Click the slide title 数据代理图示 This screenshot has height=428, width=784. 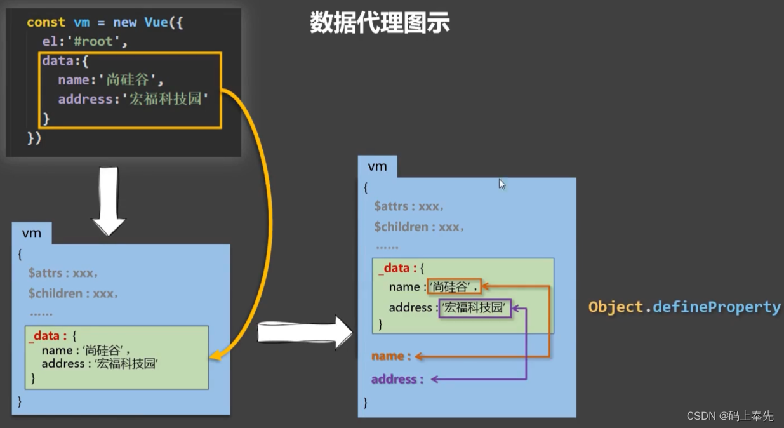click(x=380, y=23)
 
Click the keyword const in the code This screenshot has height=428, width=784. click(x=46, y=22)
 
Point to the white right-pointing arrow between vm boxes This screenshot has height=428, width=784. click(x=305, y=332)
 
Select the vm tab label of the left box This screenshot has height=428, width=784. click(x=31, y=233)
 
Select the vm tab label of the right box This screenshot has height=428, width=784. click(x=377, y=166)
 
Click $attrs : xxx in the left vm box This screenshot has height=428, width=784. click(x=63, y=273)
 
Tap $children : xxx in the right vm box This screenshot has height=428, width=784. click(x=419, y=227)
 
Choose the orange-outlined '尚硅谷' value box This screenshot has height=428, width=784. click(x=454, y=287)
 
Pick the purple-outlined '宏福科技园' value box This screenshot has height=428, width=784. click(x=475, y=308)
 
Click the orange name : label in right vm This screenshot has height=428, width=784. click(x=391, y=356)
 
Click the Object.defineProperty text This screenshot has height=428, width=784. click(x=684, y=307)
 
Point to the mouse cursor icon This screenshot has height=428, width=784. click(x=502, y=184)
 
